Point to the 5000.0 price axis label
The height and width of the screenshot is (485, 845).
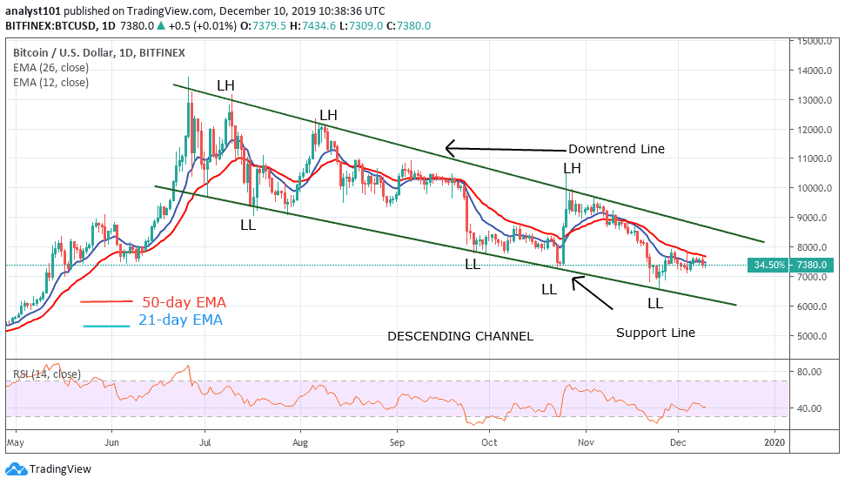point(808,336)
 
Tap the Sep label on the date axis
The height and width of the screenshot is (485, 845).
point(397,441)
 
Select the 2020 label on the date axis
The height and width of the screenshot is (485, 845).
point(775,441)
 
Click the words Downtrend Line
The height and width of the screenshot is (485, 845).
point(616,149)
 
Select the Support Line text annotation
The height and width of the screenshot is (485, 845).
point(655,332)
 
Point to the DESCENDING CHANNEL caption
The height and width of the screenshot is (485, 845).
point(460,336)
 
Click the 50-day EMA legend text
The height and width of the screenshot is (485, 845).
point(183,302)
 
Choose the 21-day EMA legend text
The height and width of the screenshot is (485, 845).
point(180,320)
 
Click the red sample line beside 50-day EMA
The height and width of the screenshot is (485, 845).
point(106,302)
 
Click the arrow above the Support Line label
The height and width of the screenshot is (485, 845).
point(594,293)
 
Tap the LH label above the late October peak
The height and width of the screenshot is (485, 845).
point(572,168)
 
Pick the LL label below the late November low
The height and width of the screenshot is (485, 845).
point(655,303)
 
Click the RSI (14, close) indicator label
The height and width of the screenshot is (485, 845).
point(46,374)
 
